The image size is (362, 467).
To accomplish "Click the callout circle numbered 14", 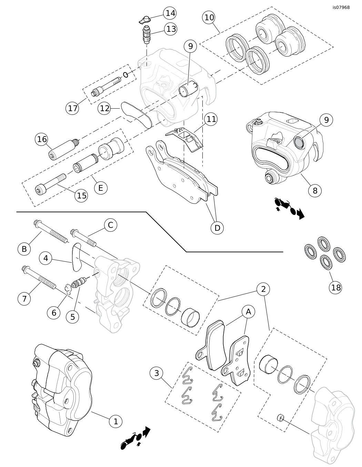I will pos(170,13).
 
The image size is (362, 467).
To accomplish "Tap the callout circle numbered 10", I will pos(209,17).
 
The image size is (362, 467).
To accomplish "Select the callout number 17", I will pos(72,108).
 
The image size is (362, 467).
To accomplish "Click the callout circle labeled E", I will pos(100,188).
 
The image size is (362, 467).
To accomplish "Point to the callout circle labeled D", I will pos(217,228).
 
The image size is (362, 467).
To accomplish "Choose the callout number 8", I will pos(315,190).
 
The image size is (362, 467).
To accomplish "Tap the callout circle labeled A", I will pos(248,311).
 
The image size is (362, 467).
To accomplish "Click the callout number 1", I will pos(116,421).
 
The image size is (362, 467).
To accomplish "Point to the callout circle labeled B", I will pos(24,249).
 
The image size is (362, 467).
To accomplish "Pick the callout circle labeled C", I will pos(110,225).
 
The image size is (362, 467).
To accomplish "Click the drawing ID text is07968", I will pos(341,7).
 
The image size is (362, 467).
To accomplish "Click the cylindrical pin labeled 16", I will pos(62,149).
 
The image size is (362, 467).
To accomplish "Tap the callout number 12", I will pos(105,108).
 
